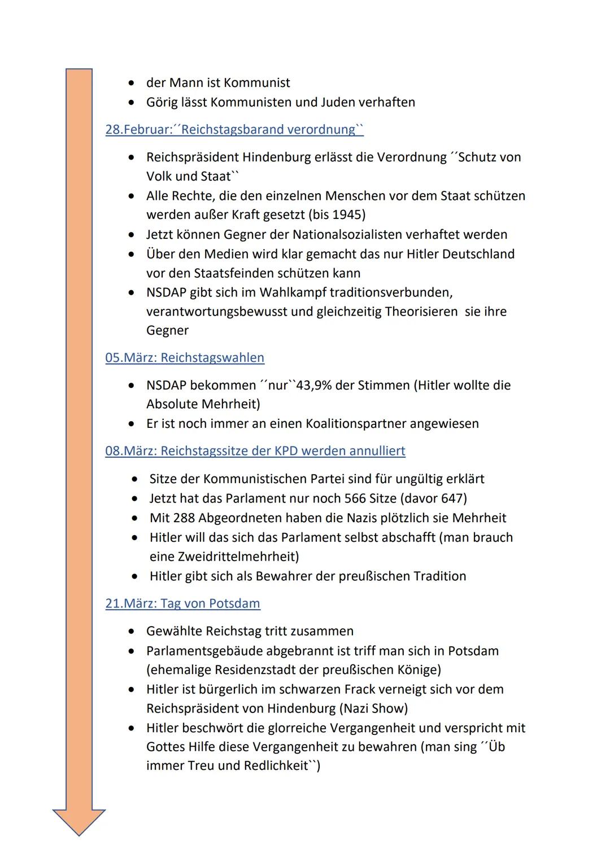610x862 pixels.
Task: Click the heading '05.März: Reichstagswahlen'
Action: click(x=185, y=358)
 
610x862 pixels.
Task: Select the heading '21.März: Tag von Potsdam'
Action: click(x=182, y=603)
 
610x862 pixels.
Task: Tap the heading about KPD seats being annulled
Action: click(x=255, y=451)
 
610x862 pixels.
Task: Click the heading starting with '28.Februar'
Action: click(x=234, y=130)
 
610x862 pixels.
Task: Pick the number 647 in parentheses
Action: click(x=451, y=498)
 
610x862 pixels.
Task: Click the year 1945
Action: click(x=347, y=215)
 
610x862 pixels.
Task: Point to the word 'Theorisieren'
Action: click(x=421, y=312)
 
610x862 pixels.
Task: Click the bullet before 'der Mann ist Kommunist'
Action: click(x=132, y=84)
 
